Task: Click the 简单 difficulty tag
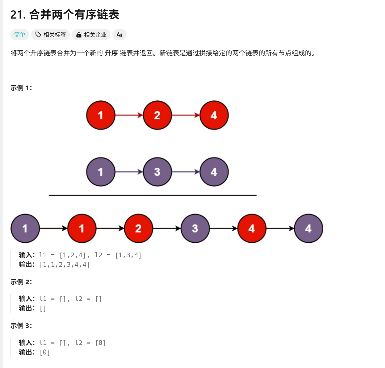[20, 35]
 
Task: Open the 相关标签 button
[51, 35]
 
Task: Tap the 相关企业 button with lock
[91, 35]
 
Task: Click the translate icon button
[119, 35]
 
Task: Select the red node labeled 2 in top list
[157, 115]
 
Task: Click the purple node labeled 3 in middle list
[157, 172]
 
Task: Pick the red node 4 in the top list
[214, 115]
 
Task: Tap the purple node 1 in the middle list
[101, 172]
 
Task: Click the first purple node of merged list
[25, 228]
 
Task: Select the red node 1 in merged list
[82, 228]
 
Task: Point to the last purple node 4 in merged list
[309, 228]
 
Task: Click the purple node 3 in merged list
[195, 228]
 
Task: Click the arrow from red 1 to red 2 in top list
[129, 115]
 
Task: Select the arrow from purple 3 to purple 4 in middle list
[186, 172]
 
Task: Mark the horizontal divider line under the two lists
[153, 195]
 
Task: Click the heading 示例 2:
[21, 282]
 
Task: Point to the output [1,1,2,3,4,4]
[65, 265]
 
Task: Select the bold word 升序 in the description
[111, 53]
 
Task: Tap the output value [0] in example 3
[45, 352]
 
